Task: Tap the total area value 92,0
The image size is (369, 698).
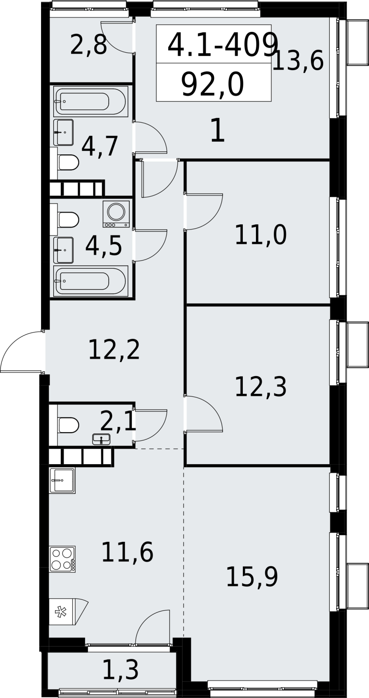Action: click(x=212, y=85)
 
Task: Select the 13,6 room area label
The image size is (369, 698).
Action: click(x=297, y=61)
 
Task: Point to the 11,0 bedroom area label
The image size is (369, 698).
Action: click(x=260, y=235)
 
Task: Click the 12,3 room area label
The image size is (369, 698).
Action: click(x=260, y=387)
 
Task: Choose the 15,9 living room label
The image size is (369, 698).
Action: click(x=252, y=577)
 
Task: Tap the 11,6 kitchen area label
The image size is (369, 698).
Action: click(x=127, y=552)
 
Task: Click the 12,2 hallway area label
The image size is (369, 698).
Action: click(x=114, y=350)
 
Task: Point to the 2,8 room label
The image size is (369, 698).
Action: click(x=89, y=45)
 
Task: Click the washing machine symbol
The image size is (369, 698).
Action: click(x=116, y=214)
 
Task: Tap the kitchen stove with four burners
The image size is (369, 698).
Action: click(x=62, y=559)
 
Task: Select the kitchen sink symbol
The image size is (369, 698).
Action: click(x=62, y=480)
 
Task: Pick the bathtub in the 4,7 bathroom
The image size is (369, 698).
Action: click(x=91, y=102)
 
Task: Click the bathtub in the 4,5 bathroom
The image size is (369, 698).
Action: click(x=91, y=281)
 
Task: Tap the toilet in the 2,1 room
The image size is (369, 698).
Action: click(x=68, y=425)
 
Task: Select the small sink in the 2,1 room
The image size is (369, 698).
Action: click(x=101, y=439)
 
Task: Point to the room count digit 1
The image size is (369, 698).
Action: click(x=218, y=130)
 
